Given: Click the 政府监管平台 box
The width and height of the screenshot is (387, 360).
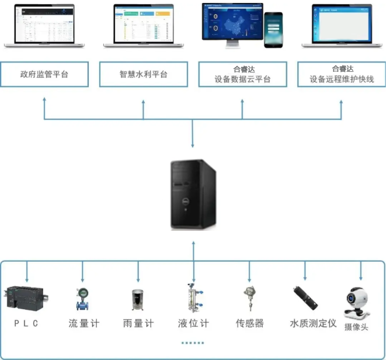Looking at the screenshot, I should point(44,74).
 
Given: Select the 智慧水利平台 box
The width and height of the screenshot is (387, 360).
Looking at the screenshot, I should point(144,74).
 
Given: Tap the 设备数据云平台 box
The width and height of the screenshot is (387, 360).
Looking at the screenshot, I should point(242,74).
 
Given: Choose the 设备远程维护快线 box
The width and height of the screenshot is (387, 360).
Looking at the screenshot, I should point(341,74).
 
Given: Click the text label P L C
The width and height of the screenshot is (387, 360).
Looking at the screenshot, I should point(26,323).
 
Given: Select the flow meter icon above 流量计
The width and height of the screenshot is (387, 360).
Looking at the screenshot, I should point(83,299).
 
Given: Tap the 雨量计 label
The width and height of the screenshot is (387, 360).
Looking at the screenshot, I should point(138,323).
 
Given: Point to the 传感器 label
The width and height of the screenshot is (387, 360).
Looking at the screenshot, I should point(249,323).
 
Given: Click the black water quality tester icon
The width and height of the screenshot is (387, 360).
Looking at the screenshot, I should point(305,298).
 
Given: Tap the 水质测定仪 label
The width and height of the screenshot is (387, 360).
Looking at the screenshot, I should point(313,323).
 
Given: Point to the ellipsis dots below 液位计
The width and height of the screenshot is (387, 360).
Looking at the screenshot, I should point(193,342).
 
